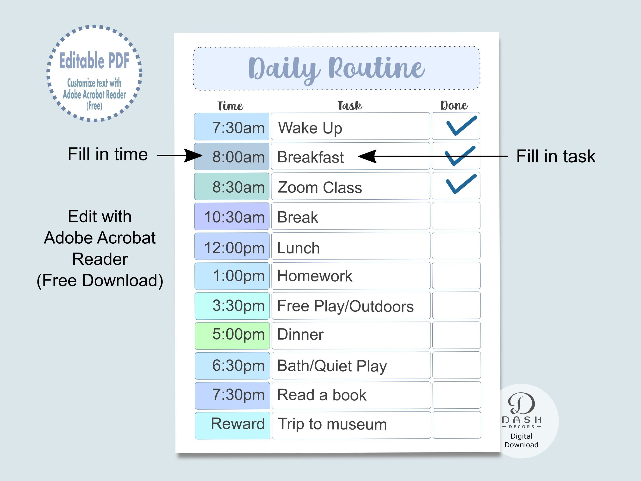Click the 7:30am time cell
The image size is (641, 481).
[232, 127]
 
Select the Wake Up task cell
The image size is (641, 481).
[350, 127]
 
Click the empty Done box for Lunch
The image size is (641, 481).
[456, 246]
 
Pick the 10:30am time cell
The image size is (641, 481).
[232, 216]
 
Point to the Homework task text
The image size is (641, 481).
[315, 276]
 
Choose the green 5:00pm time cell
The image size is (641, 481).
[232, 335]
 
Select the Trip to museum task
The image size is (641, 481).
[332, 425]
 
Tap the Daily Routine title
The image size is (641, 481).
[336, 69]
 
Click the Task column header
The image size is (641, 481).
[350, 106]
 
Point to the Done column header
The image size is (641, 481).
[454, 106]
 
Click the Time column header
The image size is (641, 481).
[230, 106]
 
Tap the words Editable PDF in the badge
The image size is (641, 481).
[94, 61]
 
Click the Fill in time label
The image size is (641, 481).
[108, 154]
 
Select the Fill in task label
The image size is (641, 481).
[556, 157]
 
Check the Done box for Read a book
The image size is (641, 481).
[456, 395]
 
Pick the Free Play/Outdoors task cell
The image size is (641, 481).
[351, 306]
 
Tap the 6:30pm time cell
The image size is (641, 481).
[232, 366]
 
